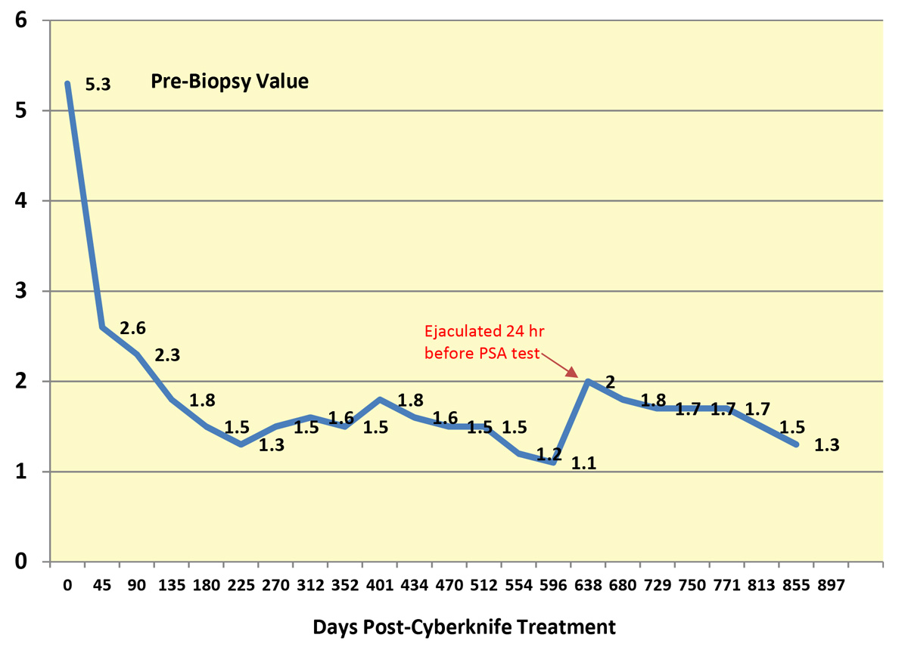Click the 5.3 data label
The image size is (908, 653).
click(x=98, y=85)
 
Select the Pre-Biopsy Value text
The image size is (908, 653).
click(x=229, y=82)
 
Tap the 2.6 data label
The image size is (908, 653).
click(x=132, y=328)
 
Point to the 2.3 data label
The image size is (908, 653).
click(x=167, y=354)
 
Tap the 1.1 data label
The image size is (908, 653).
click(x=583, y=464)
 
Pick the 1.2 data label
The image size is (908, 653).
click(x=549, y=454)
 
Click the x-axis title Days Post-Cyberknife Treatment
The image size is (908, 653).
click(x=464, y=627)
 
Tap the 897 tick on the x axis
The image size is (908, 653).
click(x=830, y=586)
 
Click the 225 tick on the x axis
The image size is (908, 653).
click(x=241, y=586)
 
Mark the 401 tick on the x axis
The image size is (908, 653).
click(x=379, y=586)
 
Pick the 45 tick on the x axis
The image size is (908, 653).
click(x=102, y=586)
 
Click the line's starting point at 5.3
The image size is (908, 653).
click(x=67, y=84)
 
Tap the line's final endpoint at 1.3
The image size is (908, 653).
click(x=796, y=444)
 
